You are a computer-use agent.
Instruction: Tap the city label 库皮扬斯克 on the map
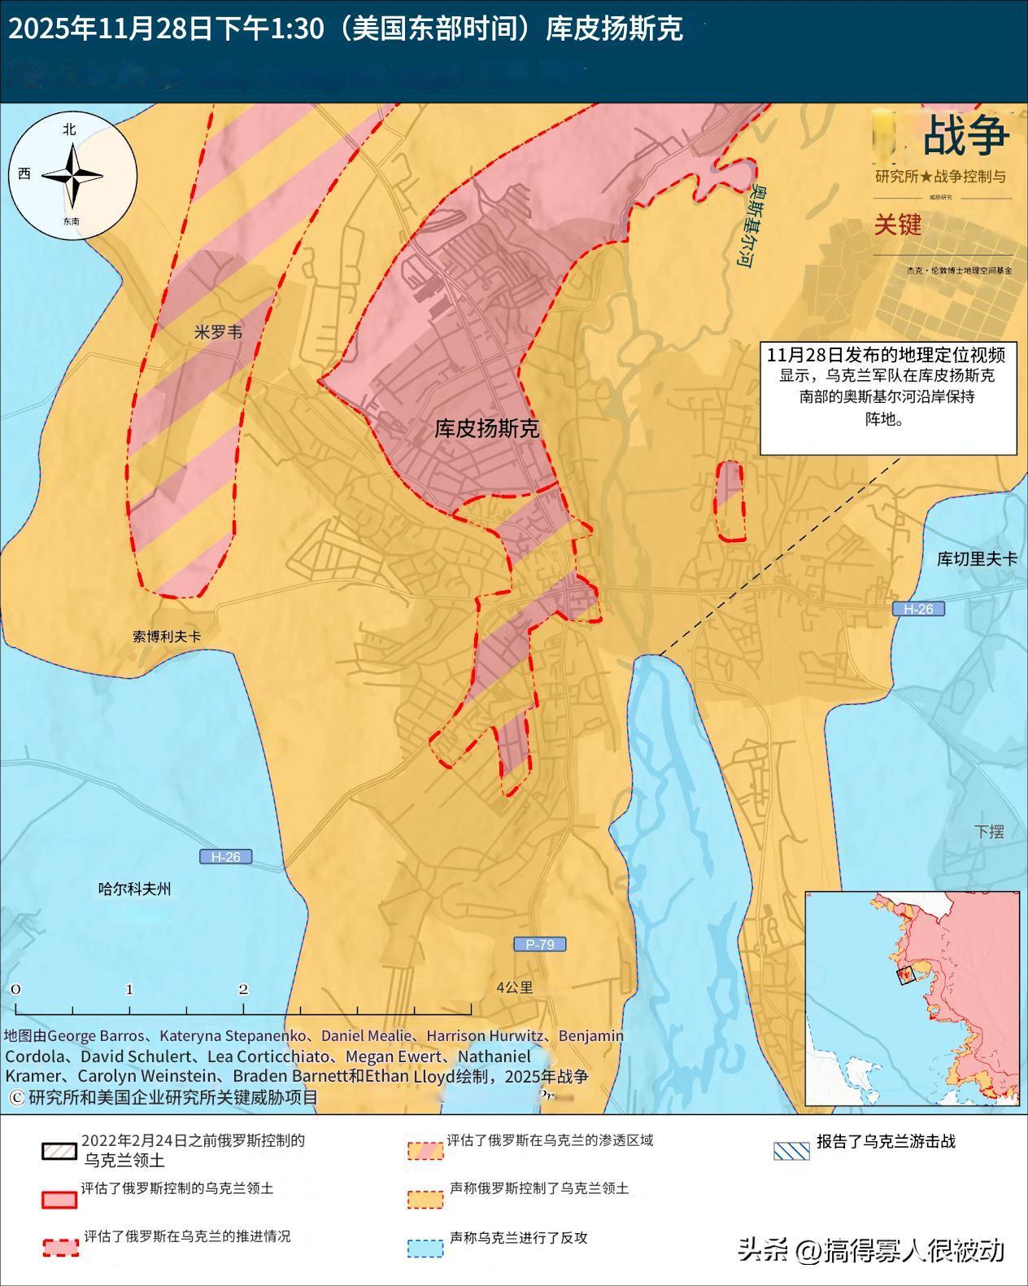486,429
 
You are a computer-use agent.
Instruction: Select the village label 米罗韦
218,332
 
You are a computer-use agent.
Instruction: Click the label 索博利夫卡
167,636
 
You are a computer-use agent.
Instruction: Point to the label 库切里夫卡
977,559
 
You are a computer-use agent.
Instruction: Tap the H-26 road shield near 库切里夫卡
918,609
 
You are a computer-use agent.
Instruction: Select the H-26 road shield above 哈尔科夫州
225,856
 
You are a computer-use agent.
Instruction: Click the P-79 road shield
539,944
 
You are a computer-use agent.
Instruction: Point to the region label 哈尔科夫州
135,890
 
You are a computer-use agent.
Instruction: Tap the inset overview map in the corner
913,998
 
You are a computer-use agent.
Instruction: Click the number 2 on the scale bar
243,990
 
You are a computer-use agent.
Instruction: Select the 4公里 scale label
515,987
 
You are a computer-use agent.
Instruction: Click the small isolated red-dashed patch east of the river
730,501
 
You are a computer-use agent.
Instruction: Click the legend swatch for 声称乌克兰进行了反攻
425,1247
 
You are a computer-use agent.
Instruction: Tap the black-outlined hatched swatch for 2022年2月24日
59,1151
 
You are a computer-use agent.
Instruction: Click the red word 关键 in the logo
898,225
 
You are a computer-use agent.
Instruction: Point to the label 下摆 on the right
989,831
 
